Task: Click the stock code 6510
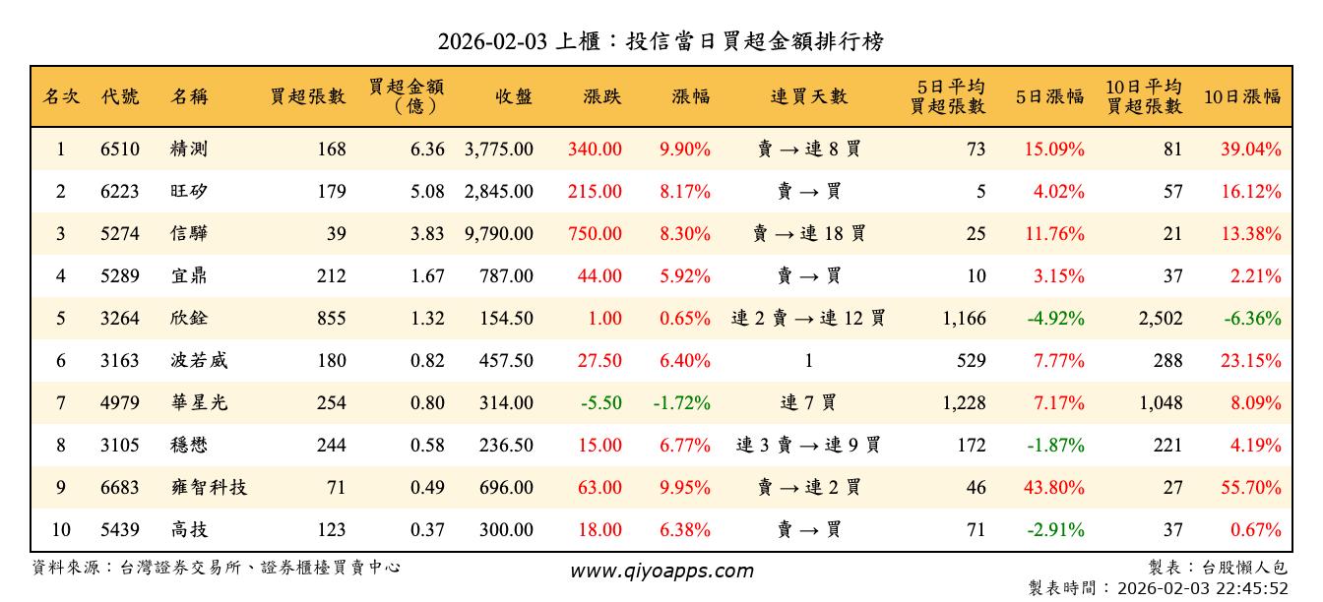coord(120,150)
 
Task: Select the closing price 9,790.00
coord(499,234)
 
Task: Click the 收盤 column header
coord(514,96)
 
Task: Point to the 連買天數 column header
coord(808,96)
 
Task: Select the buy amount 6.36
coord(428,150)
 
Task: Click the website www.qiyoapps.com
coord(661,571)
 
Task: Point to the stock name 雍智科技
coord(209,488)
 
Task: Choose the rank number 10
coord(61,530)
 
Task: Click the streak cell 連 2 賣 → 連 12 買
coord(808,319)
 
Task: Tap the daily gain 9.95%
coord(685,488)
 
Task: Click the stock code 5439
coord(120,530)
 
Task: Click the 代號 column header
coord(120,96)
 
